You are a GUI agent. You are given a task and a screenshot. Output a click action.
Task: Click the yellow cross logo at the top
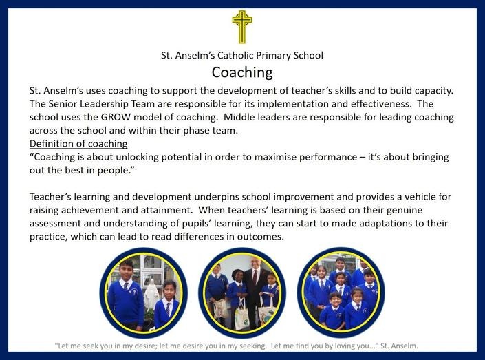242,27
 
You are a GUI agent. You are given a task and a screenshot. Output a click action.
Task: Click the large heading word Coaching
242,72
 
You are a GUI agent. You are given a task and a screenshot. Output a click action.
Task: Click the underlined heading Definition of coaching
78,144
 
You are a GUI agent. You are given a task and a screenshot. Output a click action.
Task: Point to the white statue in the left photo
151,295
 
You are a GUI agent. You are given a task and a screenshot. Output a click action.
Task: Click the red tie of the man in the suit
255,277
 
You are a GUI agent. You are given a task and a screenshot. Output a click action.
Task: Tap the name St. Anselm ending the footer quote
399,346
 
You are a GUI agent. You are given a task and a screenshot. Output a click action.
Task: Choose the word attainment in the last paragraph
166,211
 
